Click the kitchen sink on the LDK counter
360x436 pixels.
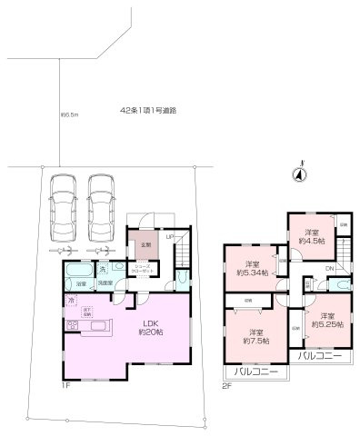pos(75,325)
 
